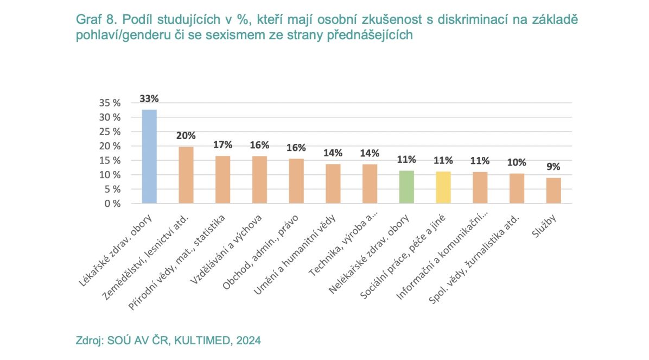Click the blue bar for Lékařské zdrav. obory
point(149,156)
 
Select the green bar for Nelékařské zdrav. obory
point(406,187)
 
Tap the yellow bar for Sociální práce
point(443,187)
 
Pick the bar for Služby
point(553,191)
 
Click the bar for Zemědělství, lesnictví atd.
point(186,175)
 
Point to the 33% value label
point(149,99)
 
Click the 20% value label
point(186,135)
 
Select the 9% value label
point(553,167)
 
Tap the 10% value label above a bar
point(517,162)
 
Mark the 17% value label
point(222,144)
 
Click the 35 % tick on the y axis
point(110,103)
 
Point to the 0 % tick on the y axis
point(112,204)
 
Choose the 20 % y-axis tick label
point(110,146)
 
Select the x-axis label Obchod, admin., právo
point(260,252)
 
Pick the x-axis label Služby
point(544,226)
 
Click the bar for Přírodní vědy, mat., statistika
point(222,180)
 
